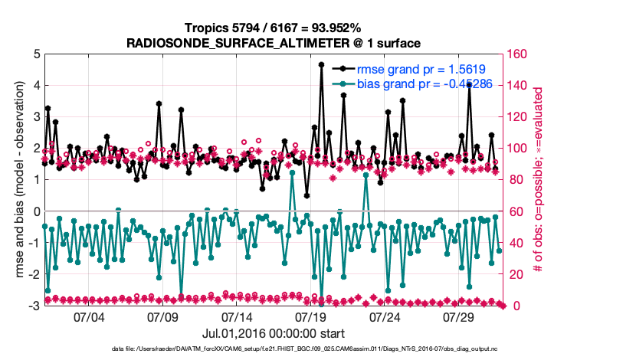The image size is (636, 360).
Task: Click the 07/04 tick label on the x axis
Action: click(x=89, y=317)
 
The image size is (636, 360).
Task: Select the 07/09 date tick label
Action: click(x=163, y=317)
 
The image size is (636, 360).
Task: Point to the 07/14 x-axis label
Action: click(x=238, y=317)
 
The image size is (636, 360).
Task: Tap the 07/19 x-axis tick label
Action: click(x=312, y=317)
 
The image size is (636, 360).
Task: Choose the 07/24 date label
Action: click(x=386, y=317)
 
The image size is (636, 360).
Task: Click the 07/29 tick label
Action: click(x=461, y=317)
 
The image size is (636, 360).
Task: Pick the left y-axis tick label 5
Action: click(x=36, y=54)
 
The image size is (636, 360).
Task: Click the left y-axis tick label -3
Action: click(x=34, y=306)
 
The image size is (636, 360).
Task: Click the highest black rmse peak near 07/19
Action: click(x=321, y=64)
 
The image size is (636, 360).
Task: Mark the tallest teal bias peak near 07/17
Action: click(x=292, y=173)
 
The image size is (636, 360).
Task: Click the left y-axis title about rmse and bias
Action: click(x=15, y=180)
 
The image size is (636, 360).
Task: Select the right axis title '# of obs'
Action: click(x=539, y=180)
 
